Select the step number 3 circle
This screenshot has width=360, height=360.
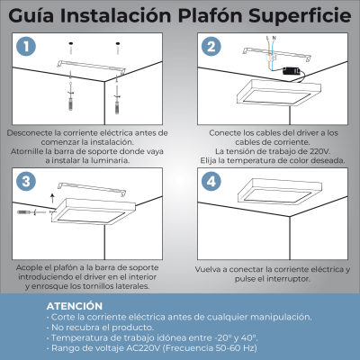28,181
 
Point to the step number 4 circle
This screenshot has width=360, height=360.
211,181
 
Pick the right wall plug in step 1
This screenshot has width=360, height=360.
116,92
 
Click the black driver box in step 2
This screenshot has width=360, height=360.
291,76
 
